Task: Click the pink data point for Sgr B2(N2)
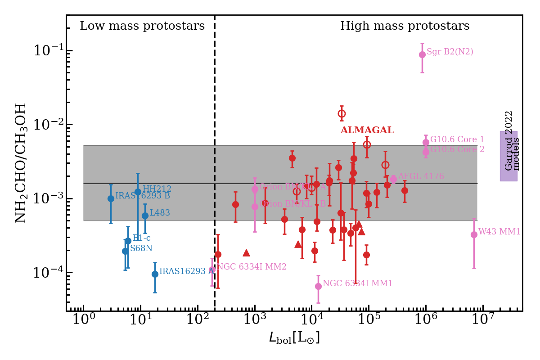click(x=422, y=54)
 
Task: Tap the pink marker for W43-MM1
click(x=474, y=234)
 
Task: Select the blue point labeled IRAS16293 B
click(x=111, y=198)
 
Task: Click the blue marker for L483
click(x=145, y=216)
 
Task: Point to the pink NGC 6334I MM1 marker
click(x=318, y=286)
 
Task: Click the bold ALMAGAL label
click(x=367, y=130)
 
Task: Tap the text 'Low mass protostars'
click(x=142, y=26)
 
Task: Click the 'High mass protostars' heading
click(x=405, y=26)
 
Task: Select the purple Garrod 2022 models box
click(x=508, y=156)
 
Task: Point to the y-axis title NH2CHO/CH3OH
click(x=21, y=163)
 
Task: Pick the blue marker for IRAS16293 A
click(x=155, y=274)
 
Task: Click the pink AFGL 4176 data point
click(x=393, y=179)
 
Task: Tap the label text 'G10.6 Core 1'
click(x=457, y=139)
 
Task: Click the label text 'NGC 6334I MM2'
click(x=252, y=267)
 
